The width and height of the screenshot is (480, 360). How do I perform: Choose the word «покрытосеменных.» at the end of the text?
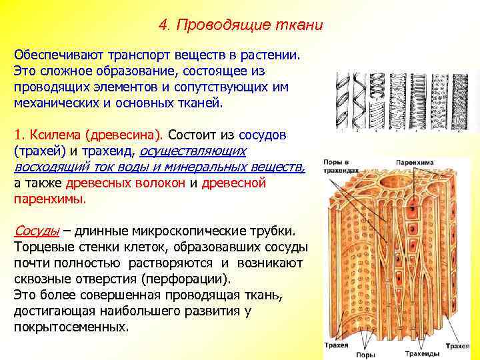(x=71, y=327)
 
